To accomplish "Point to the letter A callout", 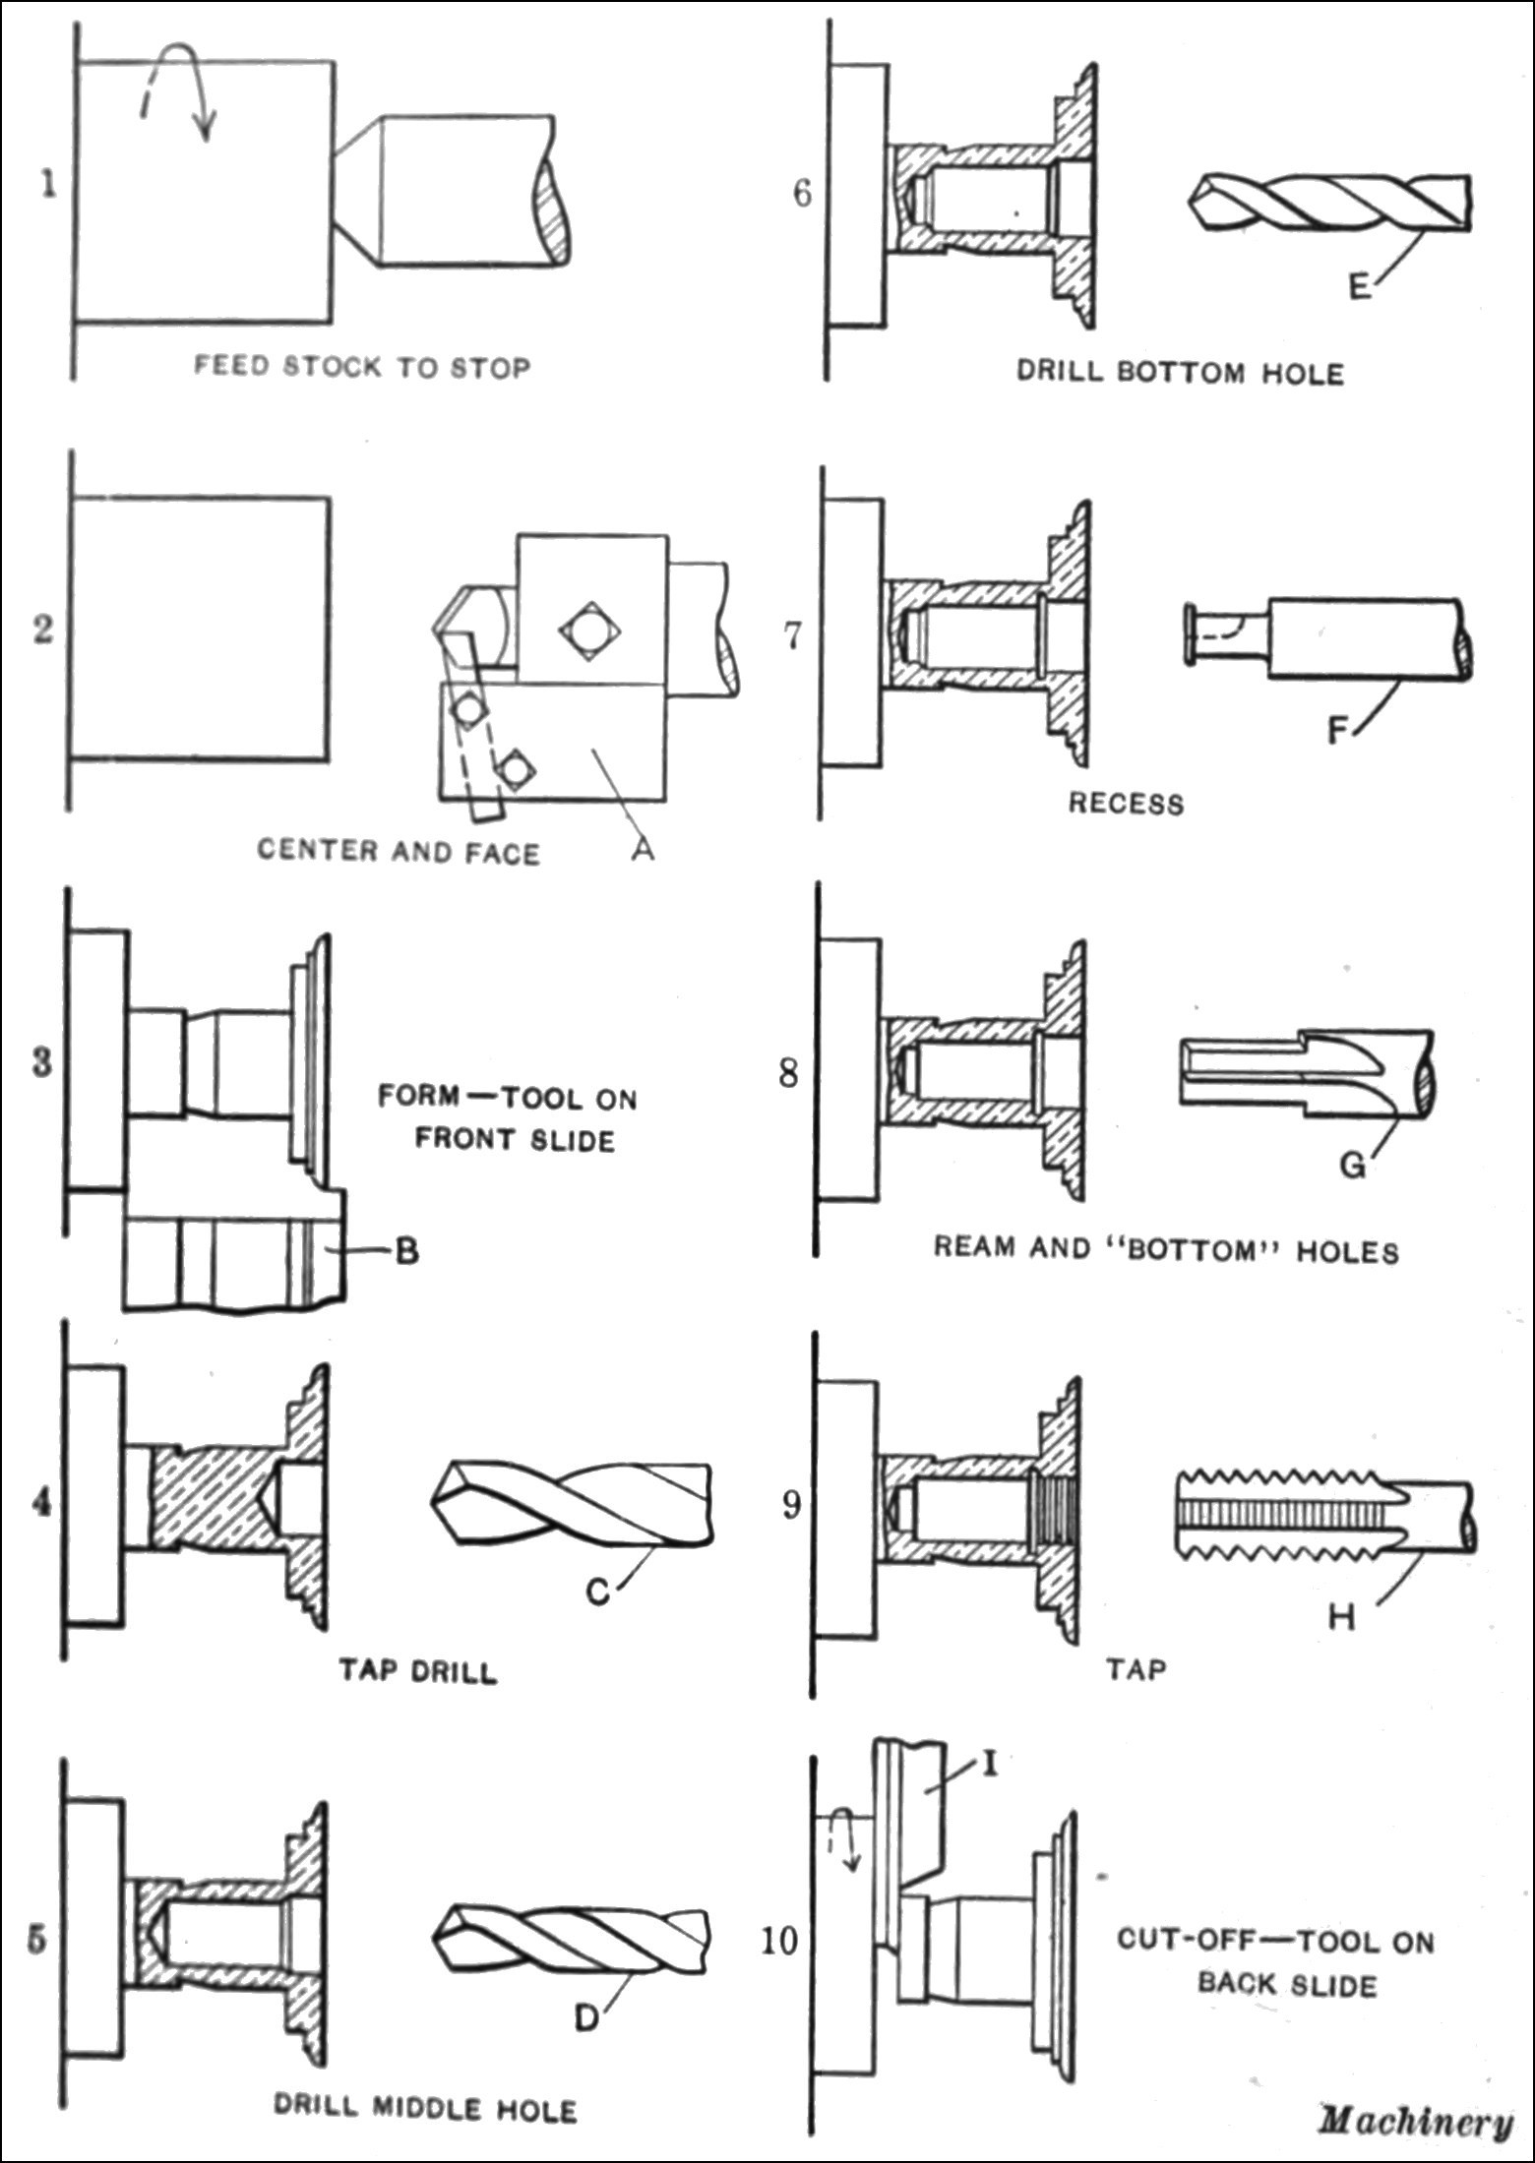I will coord(643,846).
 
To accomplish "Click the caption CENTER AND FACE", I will coord(399,851).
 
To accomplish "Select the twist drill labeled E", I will coord(1333,202).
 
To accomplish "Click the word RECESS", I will coord(1127,804).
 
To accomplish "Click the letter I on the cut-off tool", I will coord(990,1764).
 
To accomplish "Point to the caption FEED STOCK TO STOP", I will coord(362,367).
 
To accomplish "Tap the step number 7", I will coord(792,636).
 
